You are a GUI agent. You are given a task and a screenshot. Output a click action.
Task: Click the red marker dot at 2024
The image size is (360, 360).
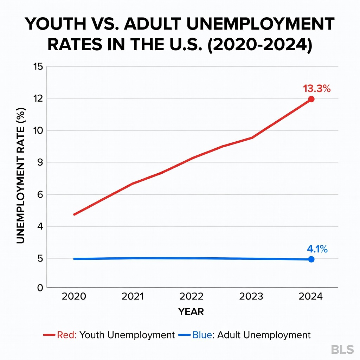(x=311, y=99)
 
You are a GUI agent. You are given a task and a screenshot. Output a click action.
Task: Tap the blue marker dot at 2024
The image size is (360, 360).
(x=311, y=259)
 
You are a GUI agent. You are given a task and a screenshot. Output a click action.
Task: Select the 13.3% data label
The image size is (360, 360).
(x=317, y=89)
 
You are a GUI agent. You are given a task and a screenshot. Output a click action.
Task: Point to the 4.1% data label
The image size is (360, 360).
(x=317, y=249)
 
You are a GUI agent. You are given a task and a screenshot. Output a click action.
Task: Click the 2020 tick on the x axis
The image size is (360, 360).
(x=74, y=297)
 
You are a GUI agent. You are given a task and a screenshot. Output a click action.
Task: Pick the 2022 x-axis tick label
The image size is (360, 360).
(x=191, y=297)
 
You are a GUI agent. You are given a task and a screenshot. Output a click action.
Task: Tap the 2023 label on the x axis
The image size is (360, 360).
(x=251, y=297)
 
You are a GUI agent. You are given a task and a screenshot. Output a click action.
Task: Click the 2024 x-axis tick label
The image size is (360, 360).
(x=310, y=297)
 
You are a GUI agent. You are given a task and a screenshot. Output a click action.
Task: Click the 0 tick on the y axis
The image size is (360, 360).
(x=40, y=288)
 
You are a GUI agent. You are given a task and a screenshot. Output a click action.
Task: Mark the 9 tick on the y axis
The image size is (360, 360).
(x=40, y=162)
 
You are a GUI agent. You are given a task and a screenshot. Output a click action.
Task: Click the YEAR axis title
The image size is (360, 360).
(x=191, y=312)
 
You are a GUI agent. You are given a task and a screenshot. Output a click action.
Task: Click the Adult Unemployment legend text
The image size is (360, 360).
(x=264, y=335)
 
